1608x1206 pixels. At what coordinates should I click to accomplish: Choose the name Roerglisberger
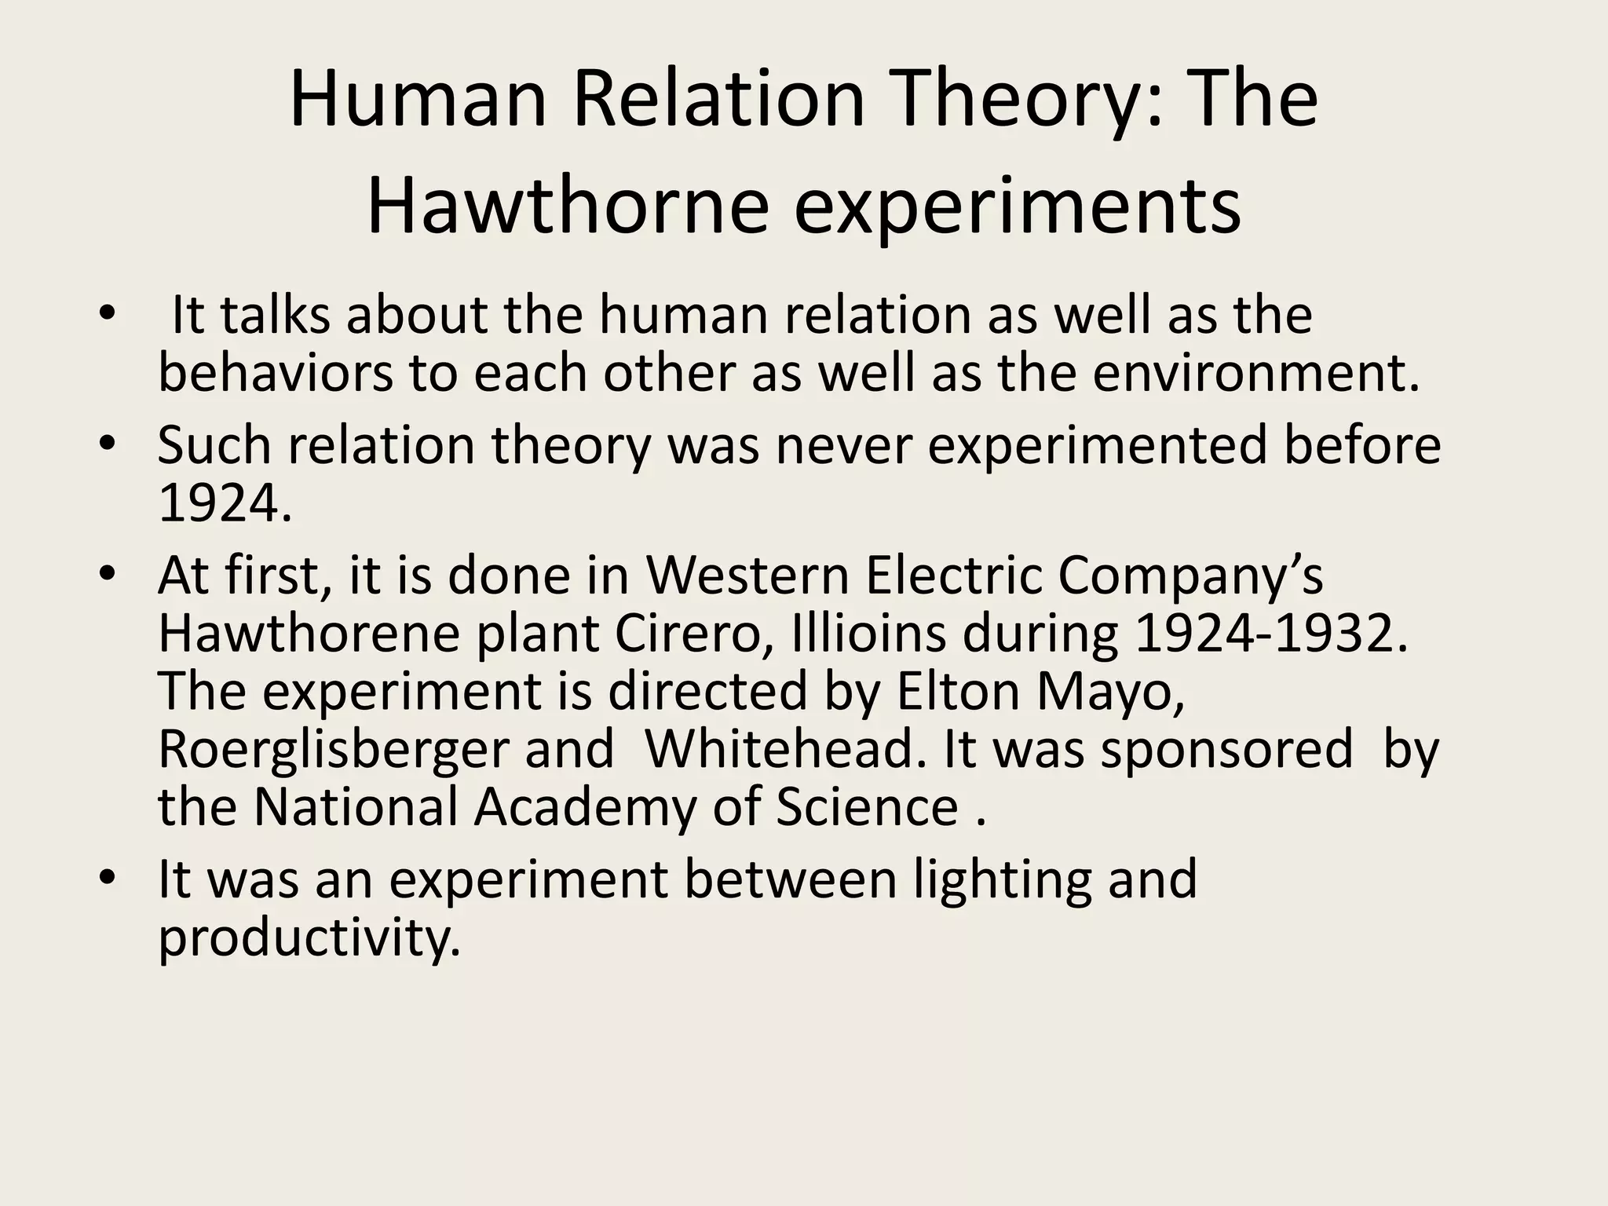(334, 751)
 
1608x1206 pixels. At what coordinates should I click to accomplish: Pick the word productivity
(309, 937)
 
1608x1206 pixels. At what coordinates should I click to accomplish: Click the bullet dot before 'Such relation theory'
(108, 443)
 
